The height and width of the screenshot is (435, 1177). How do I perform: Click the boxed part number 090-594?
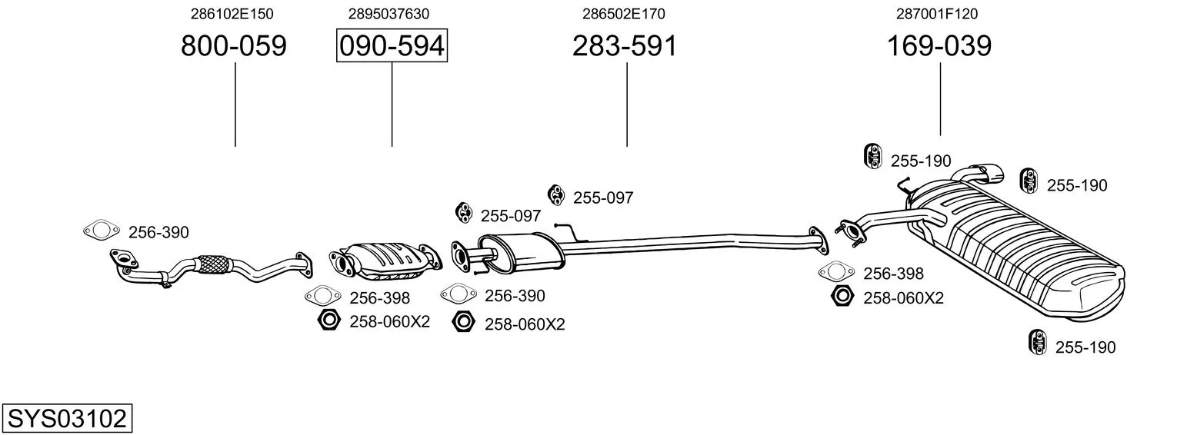click(x=392, y=45)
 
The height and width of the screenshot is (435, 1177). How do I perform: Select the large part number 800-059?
click(x=234, y=45)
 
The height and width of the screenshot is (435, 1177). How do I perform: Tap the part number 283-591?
click(x=625, y=45)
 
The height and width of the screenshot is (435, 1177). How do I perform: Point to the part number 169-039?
click(x=939, y=45)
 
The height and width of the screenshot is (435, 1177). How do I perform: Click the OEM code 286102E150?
click(x=232, y=14)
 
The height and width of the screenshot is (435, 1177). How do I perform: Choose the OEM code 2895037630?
click(x=388, y=14)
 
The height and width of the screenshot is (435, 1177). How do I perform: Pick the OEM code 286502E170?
click(x=624, y=14)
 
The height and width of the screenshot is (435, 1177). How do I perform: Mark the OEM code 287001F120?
click(x=937, y=14)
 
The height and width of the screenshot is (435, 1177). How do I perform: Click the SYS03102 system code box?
click(x=67, y=418)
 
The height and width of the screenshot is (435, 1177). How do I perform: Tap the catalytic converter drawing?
click(x=385, y=261)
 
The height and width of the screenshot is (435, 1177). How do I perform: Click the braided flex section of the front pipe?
click(x=214, y=264)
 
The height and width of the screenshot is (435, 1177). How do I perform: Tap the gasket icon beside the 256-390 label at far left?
click(x=102, y=230)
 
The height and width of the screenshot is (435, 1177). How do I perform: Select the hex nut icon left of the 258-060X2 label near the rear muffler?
click(x=842, y=296)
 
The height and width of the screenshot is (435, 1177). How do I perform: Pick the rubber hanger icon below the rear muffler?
click(x=1037, y=342)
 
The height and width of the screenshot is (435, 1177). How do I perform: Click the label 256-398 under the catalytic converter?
click(x=379, y=298)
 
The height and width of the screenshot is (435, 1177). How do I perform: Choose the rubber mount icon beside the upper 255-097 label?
click(x=555, y=195)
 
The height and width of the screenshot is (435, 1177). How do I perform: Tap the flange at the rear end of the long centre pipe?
click(x=818, y=241)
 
